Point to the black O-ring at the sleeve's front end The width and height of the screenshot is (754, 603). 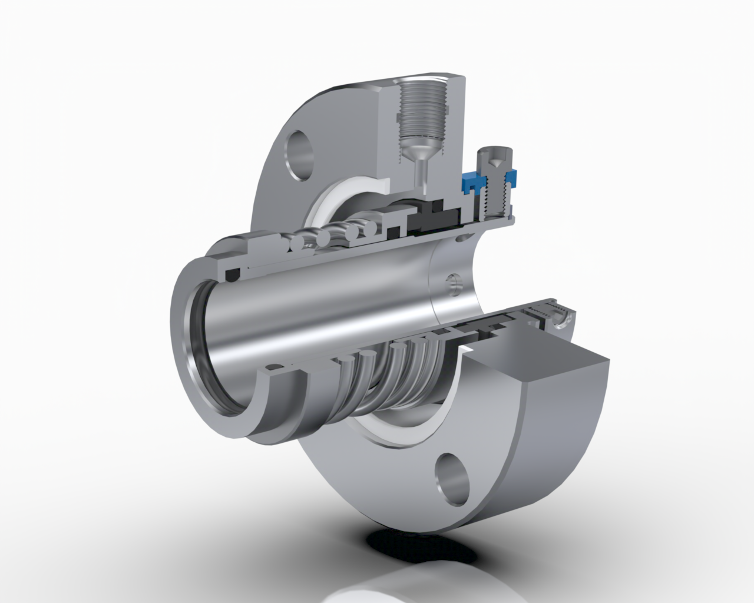click(233, 274)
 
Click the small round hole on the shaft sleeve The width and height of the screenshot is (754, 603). click(453, 284)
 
